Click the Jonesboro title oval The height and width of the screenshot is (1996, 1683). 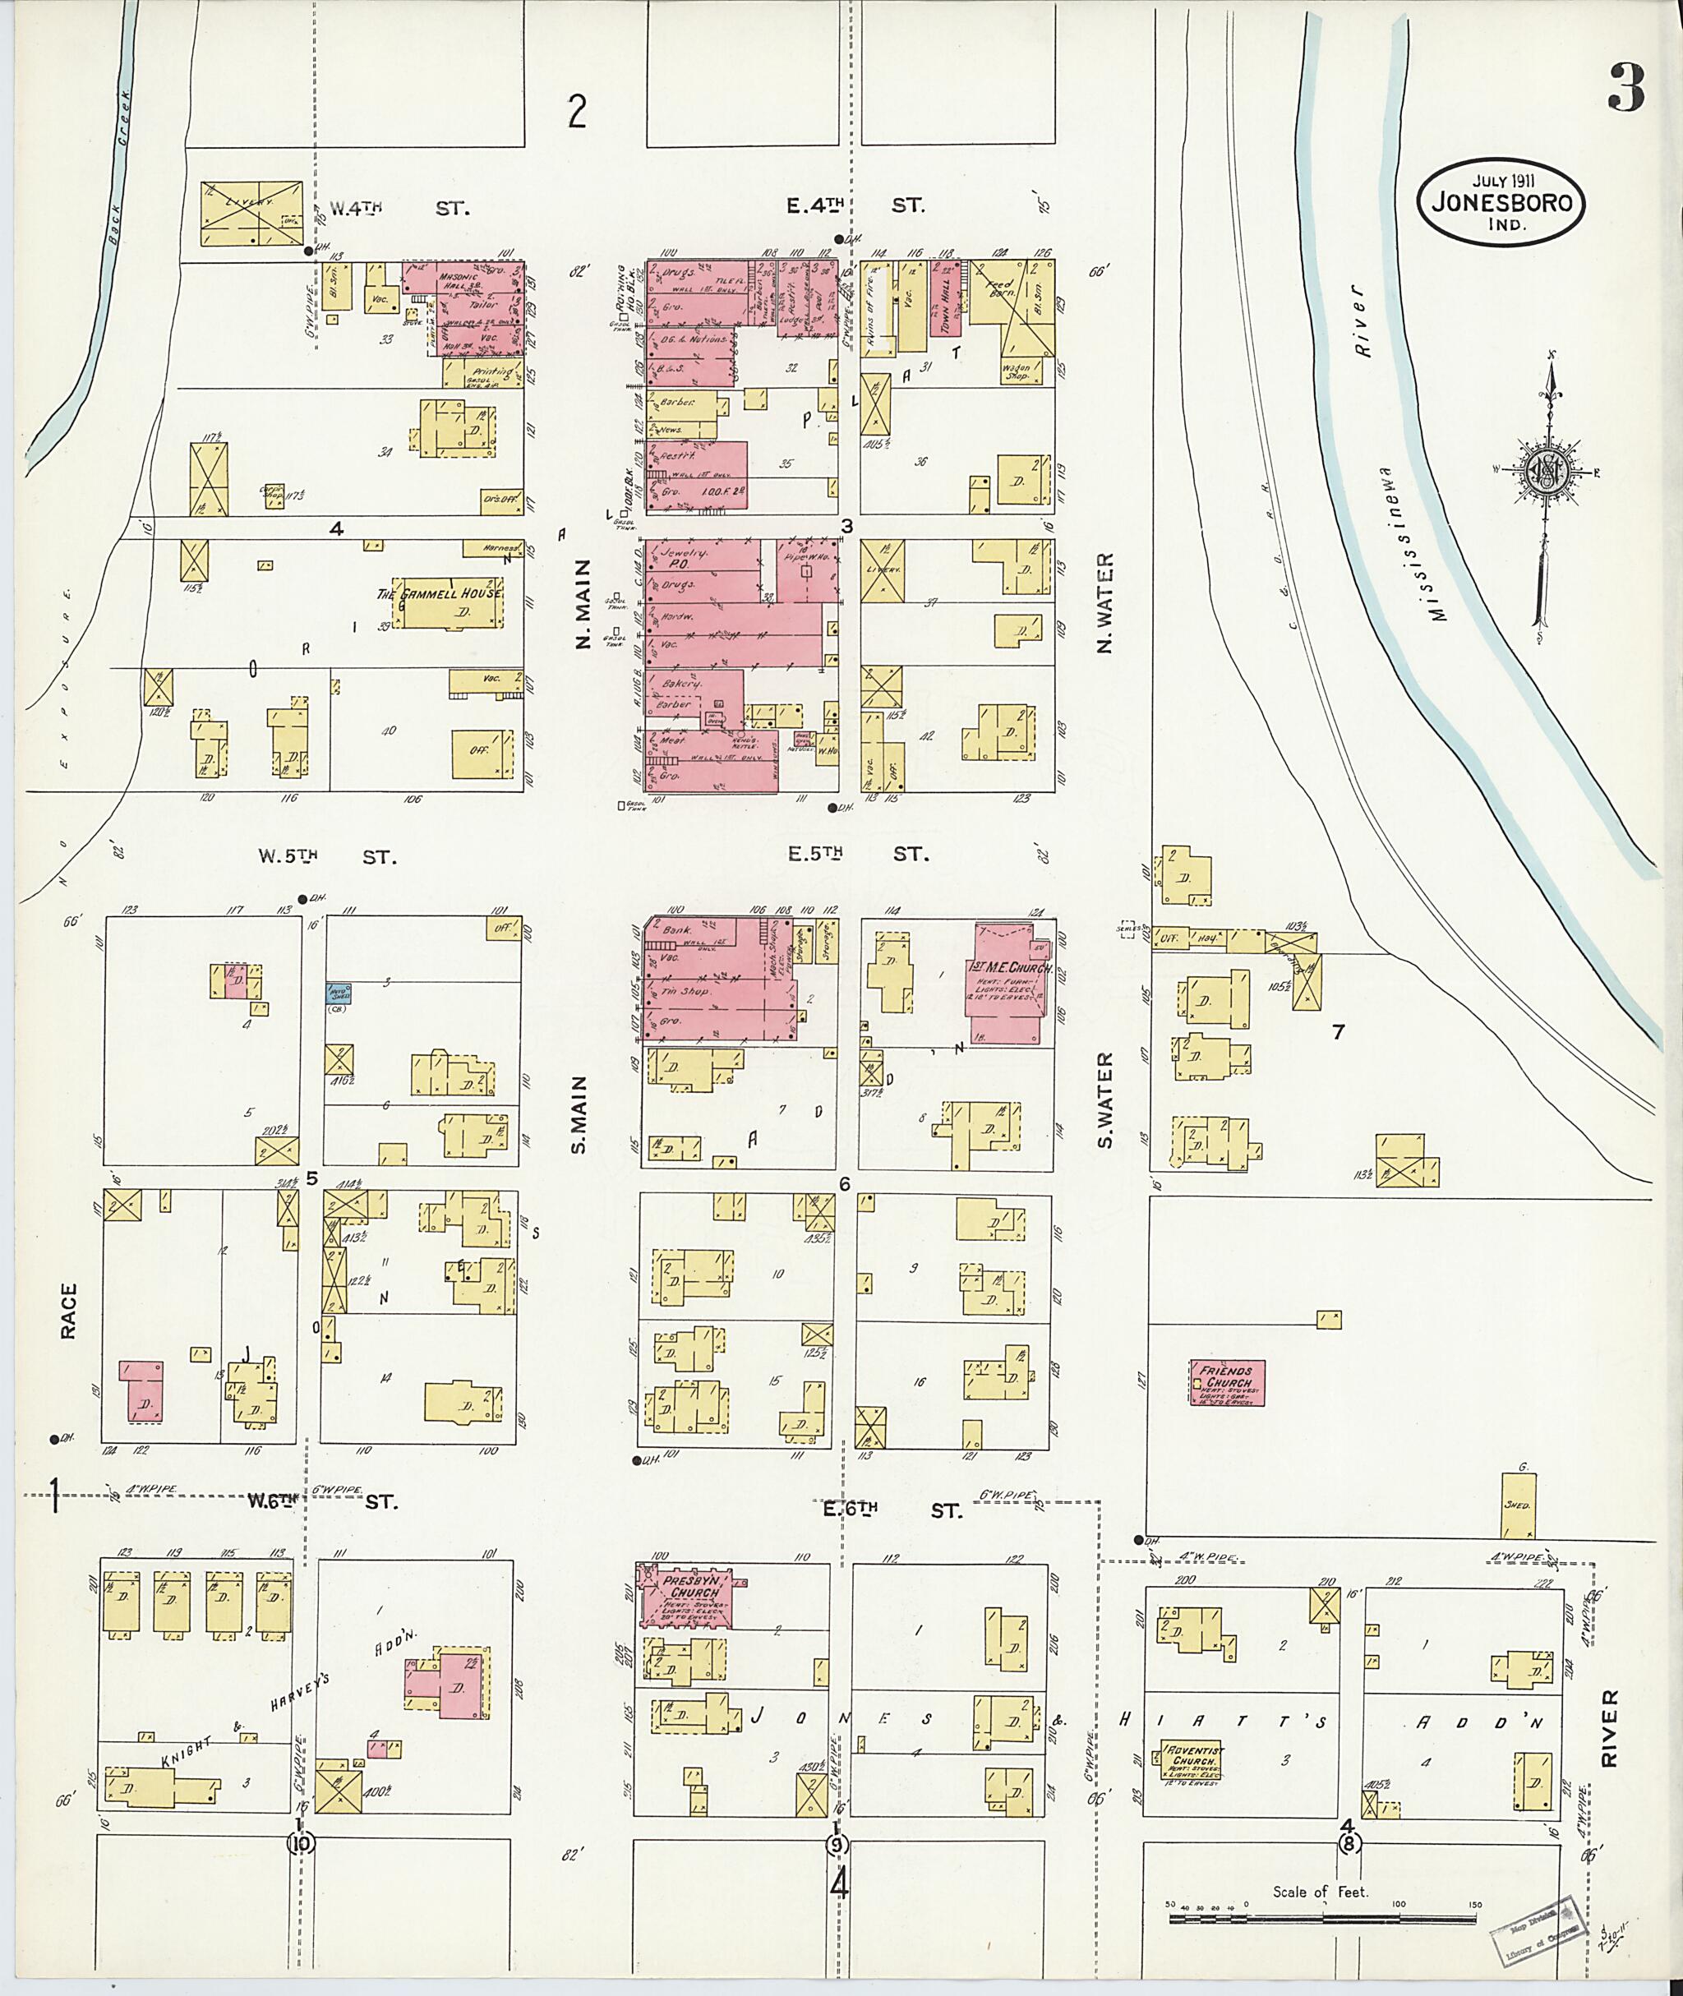(x=1501, y=203)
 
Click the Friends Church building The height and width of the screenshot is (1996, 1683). (x=1227, y=1382)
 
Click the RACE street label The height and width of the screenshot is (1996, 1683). (x=67, y=1311)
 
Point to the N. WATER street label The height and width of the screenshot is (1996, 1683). (x=1106, y=603)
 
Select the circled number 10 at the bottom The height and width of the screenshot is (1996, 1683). (x=303, y=1843)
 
